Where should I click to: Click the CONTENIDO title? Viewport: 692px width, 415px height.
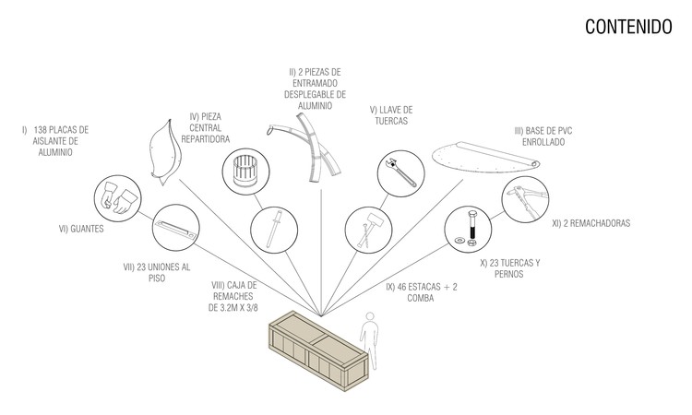pyautogui.click(x=628, y=27)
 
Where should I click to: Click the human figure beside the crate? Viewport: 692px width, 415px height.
pyautogui.click(x=369, y=340)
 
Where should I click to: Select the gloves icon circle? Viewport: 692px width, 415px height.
pyautogui.click(x=118, y=198)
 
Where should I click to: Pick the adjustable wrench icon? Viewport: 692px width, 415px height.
pyautogui.click(x=401, y=173)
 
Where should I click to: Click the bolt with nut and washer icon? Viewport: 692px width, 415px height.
pyautogui.click(x=468, y=229)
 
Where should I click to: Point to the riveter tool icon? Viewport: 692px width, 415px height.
pyautogui.click(x=525, y=199)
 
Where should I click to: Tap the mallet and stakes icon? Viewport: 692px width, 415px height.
pyautogui.click(x=368, y=230)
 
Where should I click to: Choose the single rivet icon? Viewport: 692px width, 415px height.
pyautogui.click(x=274, y=230)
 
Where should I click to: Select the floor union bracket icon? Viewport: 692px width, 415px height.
pyautogui.click(x=175, y=228)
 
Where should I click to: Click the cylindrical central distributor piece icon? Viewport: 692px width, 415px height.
pyautogui.click(x=245, y=172)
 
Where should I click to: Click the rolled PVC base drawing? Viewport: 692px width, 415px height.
pyautogui.click(x=485, y=158)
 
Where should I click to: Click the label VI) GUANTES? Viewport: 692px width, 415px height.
pyautogui.click(x=81, y=229)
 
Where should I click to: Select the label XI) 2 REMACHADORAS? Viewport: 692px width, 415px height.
pyautogui.click(x=591, y=223)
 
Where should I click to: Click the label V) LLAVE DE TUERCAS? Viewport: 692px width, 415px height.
pyautogui.click(x=391, y=115)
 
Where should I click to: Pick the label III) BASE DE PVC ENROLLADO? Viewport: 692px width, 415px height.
pyautogui.click(x=543, y=136)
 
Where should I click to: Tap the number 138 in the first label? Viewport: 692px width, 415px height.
pyautogui.click(x=40, y=130)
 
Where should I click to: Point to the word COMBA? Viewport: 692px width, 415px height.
pyautogui.click(x=421, y=298)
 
